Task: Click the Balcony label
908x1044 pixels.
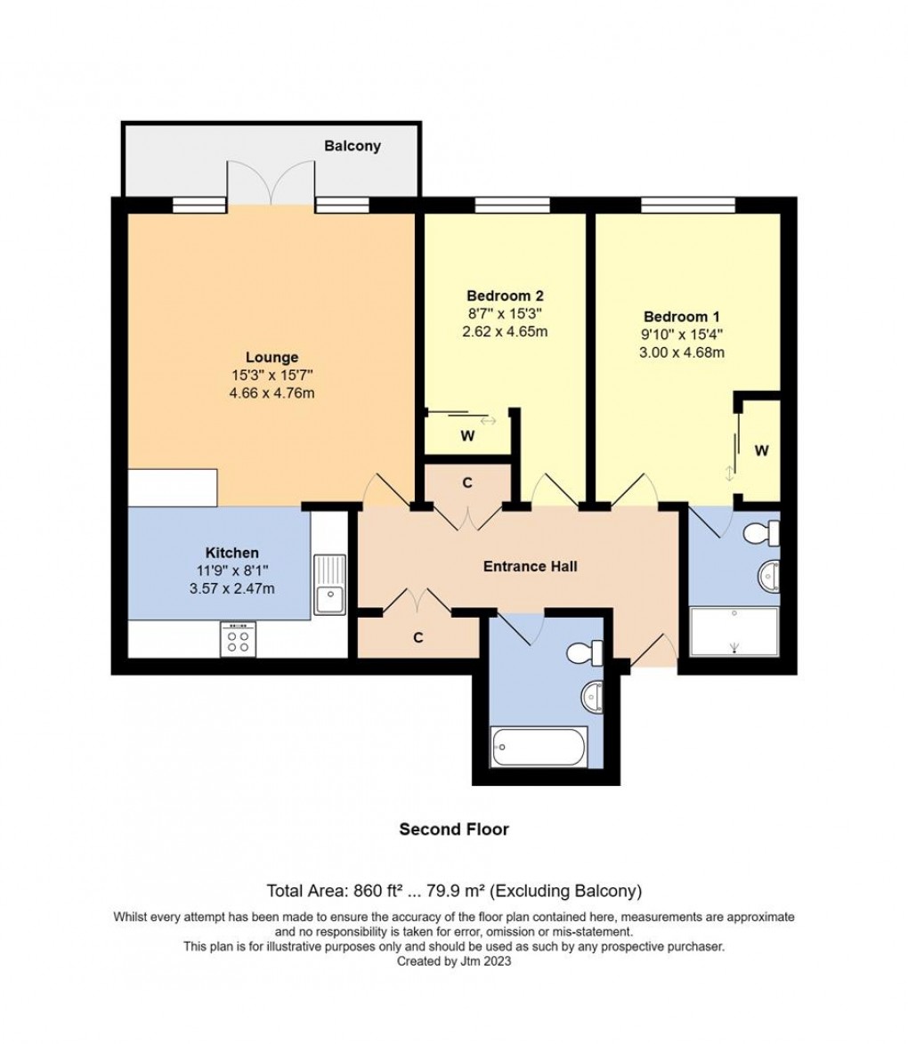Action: (x=353, y=146)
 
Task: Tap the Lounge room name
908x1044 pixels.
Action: (x=272, y=358)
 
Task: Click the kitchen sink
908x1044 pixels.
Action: (x=330, y=584)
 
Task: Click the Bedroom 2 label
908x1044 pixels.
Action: (x=505, y=295)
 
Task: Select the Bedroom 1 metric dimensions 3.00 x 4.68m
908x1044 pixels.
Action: (x=683, y=352)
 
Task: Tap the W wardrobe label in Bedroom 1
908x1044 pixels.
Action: (x=761, y=451)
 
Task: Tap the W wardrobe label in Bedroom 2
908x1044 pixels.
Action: (x=466, y=436)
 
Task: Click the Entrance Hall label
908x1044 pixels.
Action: (x=531, y=566)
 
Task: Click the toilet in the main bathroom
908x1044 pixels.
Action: (x=584, y=653)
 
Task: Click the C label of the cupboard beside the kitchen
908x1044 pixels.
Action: (x=418, y=637)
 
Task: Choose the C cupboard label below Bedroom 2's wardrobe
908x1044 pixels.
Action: (x=466, y=483)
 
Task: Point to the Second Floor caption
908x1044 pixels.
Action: (x=454, y=830)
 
